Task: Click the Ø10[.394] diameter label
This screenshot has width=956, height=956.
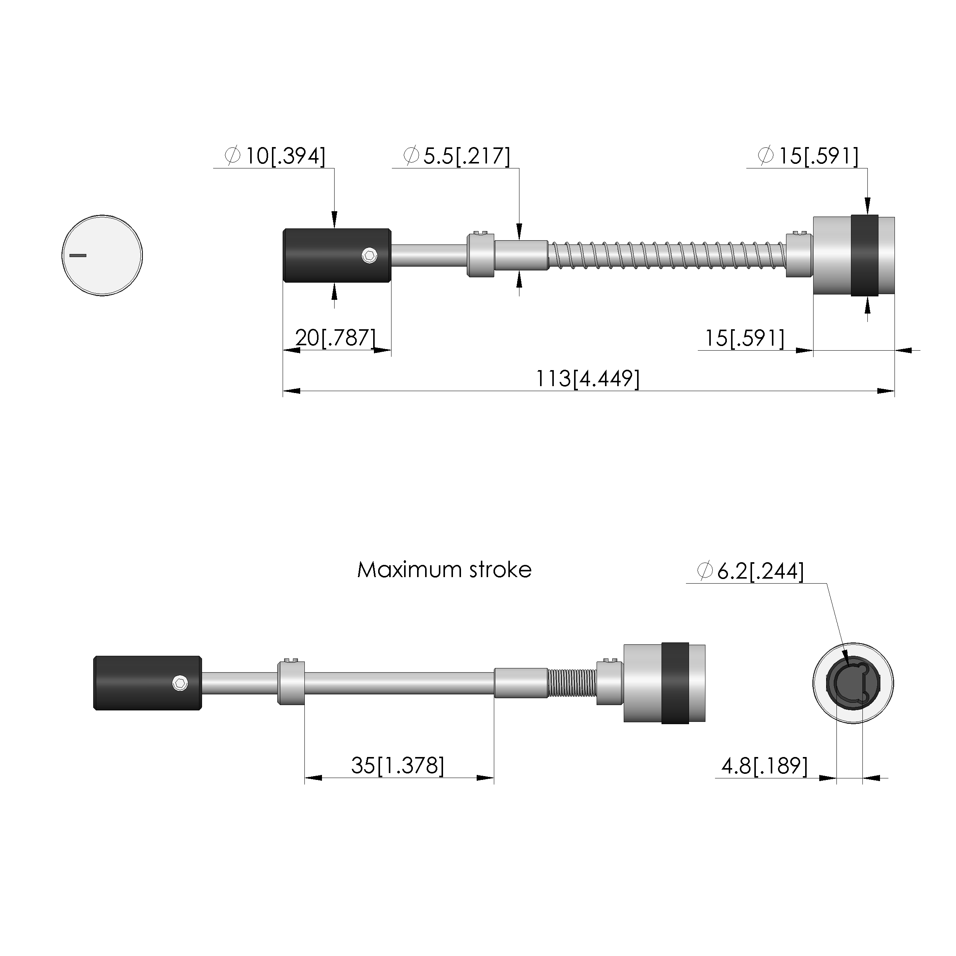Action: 275,156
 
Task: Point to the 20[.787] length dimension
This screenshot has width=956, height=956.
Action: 335,338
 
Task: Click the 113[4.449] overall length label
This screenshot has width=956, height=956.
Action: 588,379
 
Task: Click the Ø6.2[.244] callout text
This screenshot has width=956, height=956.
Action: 750,571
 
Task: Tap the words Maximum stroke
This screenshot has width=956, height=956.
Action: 444,570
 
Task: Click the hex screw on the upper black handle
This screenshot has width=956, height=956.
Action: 369,256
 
